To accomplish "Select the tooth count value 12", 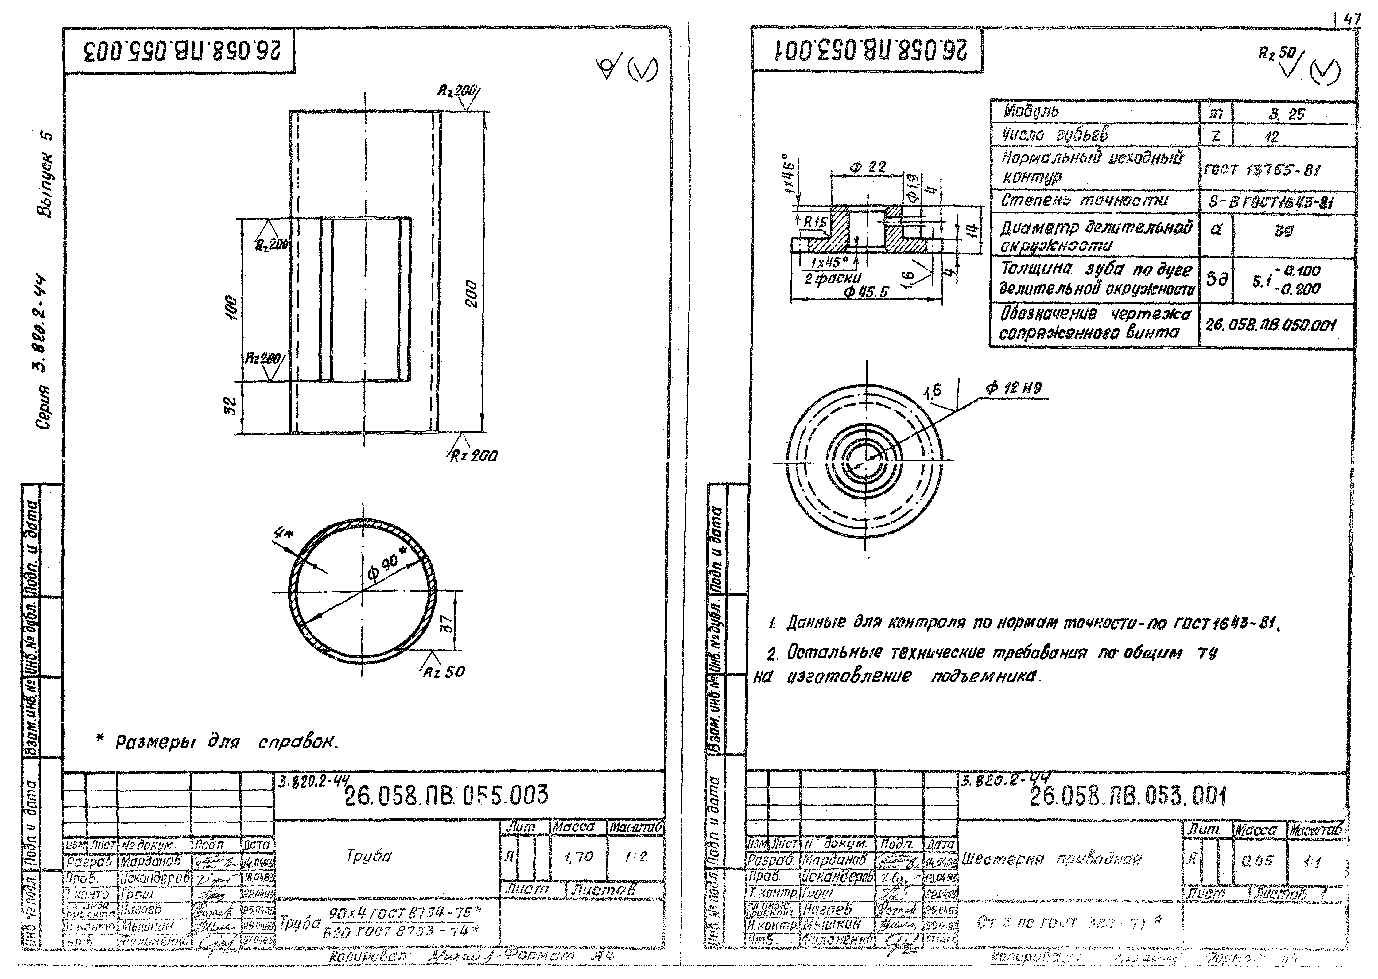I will click(x=1272, y=137).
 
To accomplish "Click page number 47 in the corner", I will click(x=1352, y=19).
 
